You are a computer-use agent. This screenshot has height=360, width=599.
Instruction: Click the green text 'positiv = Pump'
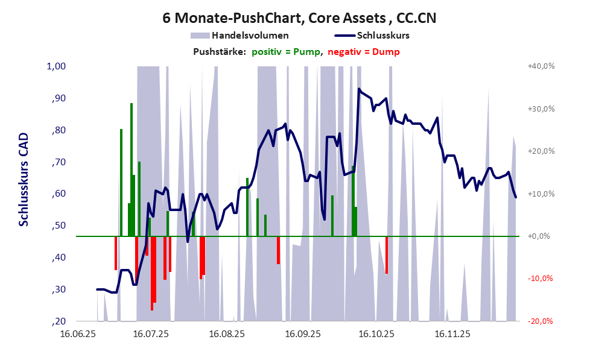285,52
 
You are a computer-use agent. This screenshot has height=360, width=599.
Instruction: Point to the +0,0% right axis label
538,236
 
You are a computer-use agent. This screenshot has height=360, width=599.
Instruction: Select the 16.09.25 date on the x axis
303,333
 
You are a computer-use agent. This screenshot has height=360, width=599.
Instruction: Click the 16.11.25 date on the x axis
454,333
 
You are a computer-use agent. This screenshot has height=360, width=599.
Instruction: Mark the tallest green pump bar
131,169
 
